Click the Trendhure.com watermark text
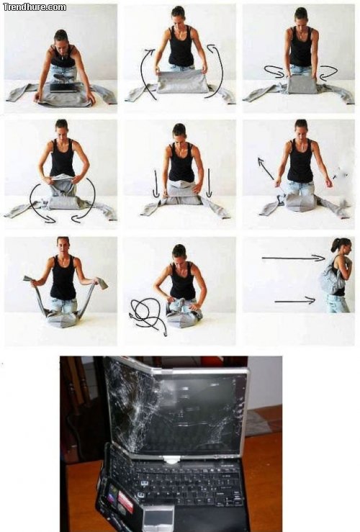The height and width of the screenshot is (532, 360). pos(35,6)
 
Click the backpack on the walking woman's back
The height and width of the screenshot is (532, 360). pos(332,279)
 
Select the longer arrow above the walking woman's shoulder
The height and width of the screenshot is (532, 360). pos(292,257)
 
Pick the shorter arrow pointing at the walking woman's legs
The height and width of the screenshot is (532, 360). pos(294,300)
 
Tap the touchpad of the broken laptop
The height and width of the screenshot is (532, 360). pos(158,516)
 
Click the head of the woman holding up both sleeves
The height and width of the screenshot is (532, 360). pos(63,245)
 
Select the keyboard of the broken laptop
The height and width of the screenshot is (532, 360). pos(176,482)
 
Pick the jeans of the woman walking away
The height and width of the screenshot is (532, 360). pos(336,304)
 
